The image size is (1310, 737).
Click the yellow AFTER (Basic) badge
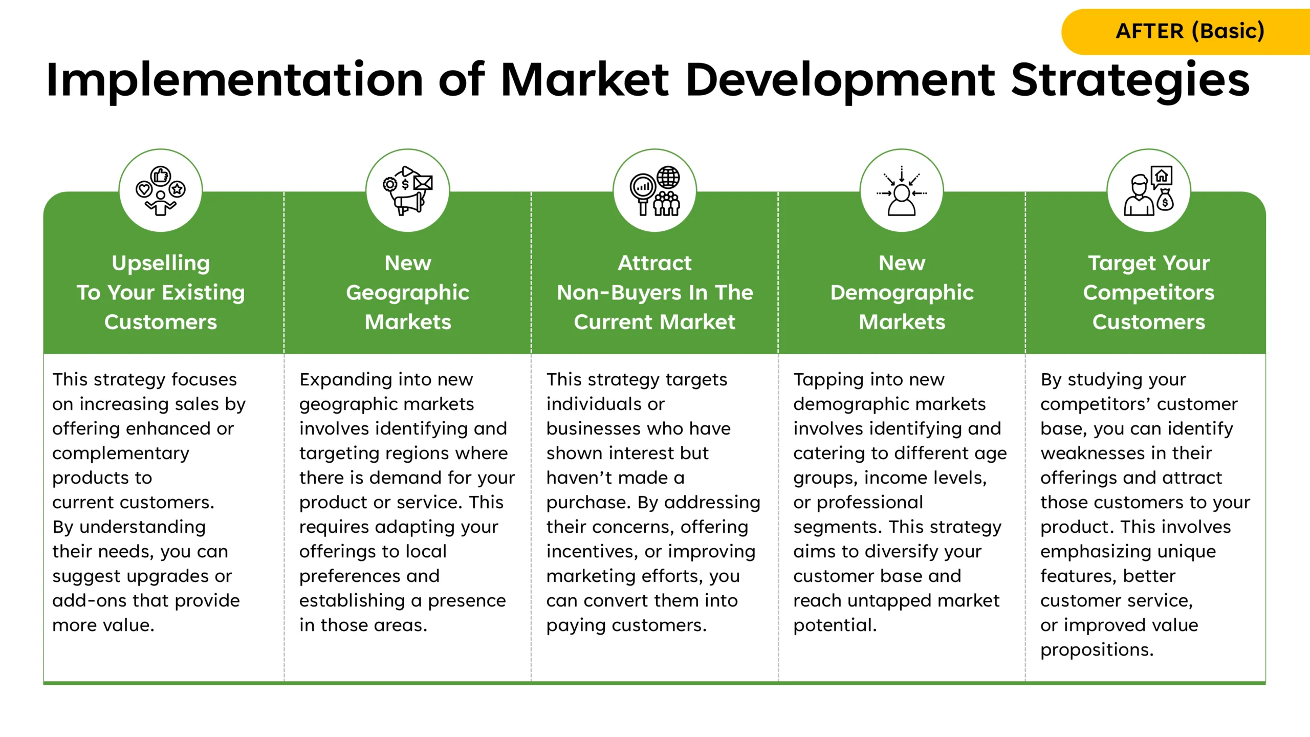coord(1186,32)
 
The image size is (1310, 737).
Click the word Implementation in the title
coord(235,81)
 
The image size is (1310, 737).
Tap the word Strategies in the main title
coord(1130,81)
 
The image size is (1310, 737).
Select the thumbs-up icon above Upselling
coord(161,176)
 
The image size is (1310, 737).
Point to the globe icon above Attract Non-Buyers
coord(668,178)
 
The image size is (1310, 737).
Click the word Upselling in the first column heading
coord(161,264)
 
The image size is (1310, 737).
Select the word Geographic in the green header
coord(408,293)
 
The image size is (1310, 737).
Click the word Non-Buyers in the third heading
coord(619,293)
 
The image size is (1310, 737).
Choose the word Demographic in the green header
coord(902,293)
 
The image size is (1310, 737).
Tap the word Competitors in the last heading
coord(1149,293)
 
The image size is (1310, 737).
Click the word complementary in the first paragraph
coord(121,454)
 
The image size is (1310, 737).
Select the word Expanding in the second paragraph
coord(345,380)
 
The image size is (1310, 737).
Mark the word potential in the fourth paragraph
coord(835,626)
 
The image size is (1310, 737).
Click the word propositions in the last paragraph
coord(1097,651)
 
